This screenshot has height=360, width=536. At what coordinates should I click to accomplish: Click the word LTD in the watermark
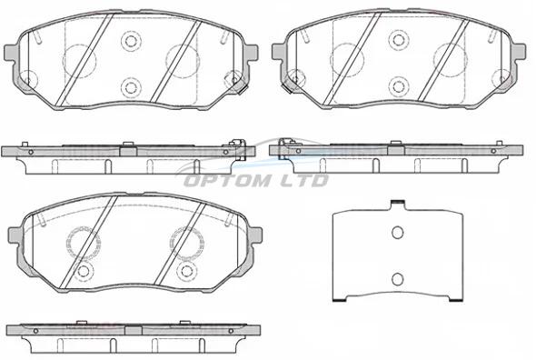304,180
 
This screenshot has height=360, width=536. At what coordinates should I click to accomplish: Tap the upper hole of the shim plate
397,233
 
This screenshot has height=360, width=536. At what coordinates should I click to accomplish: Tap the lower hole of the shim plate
397,279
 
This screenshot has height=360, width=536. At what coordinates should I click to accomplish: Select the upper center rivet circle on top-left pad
131,41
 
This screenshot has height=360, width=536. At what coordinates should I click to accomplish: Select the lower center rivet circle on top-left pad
131,87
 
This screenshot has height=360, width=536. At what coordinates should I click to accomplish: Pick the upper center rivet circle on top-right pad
399,40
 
